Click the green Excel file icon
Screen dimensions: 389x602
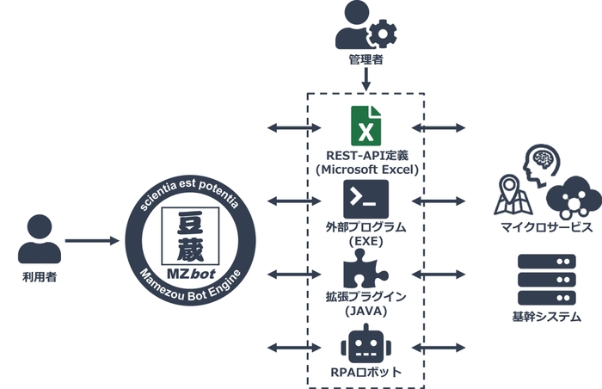[x=365, y=127]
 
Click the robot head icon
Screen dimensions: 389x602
[x=365, y=343]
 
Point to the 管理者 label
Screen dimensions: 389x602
[x=365, y=63]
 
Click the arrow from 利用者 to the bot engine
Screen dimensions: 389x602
[x=91, y=240]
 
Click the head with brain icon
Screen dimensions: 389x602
[x=543, y=164]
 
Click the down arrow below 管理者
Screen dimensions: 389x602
[x=365, y=80]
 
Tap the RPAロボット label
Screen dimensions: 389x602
[x=365, y=373]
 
